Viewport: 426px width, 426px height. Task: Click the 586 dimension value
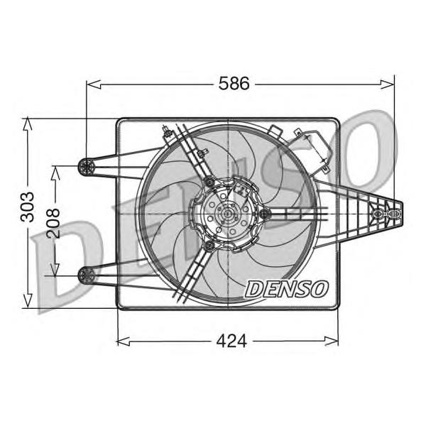point(234,83)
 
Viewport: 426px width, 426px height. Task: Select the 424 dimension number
point(231,341)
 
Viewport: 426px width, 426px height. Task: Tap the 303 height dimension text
point(28,207)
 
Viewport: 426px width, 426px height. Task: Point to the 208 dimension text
point(53,224)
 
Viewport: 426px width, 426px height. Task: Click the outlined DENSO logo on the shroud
point(287,289)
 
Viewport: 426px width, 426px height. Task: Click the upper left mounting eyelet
point(87,165)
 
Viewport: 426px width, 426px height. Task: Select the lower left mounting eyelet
point(87,275)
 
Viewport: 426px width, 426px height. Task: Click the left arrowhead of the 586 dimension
point(93,84)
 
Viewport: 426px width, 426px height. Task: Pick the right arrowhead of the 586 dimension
point(387,84)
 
